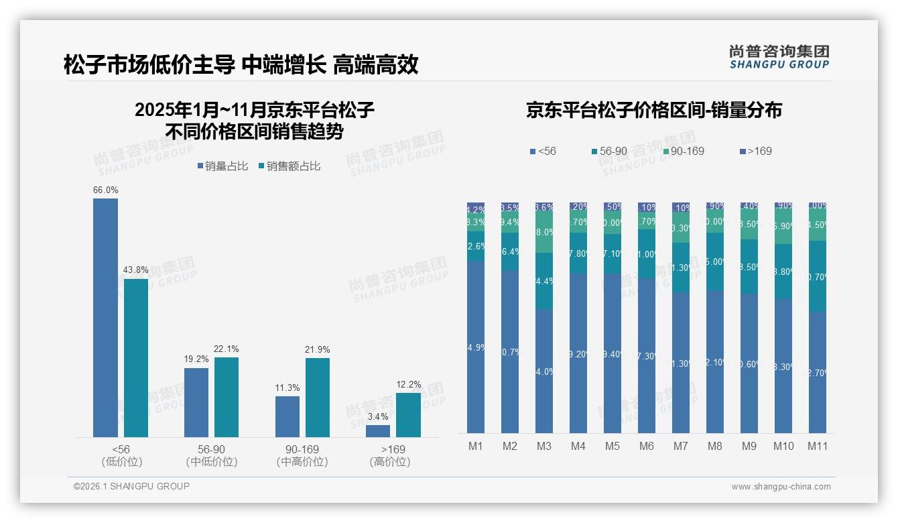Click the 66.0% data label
[x=105, y=190]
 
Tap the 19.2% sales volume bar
[x=196, y=402]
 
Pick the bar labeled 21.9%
[x=318, y=397]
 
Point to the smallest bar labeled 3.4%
[x=378, y=431]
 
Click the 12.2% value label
[x=409, y=384]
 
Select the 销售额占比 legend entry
[x=289, y=166]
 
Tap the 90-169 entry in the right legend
[x=684, y=152]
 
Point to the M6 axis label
[x=646, y=447]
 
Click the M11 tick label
[x=817, y=447]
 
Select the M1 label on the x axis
[x=476, y=447]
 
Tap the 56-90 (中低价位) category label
[x=211, y=455]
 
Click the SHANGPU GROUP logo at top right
[x=779, y=56]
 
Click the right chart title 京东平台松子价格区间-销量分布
[x=653, y=111]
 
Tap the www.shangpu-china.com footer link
[x=781, y=487]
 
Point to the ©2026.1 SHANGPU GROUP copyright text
[x=131, y=486]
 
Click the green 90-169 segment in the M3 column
[x=543, y=232]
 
